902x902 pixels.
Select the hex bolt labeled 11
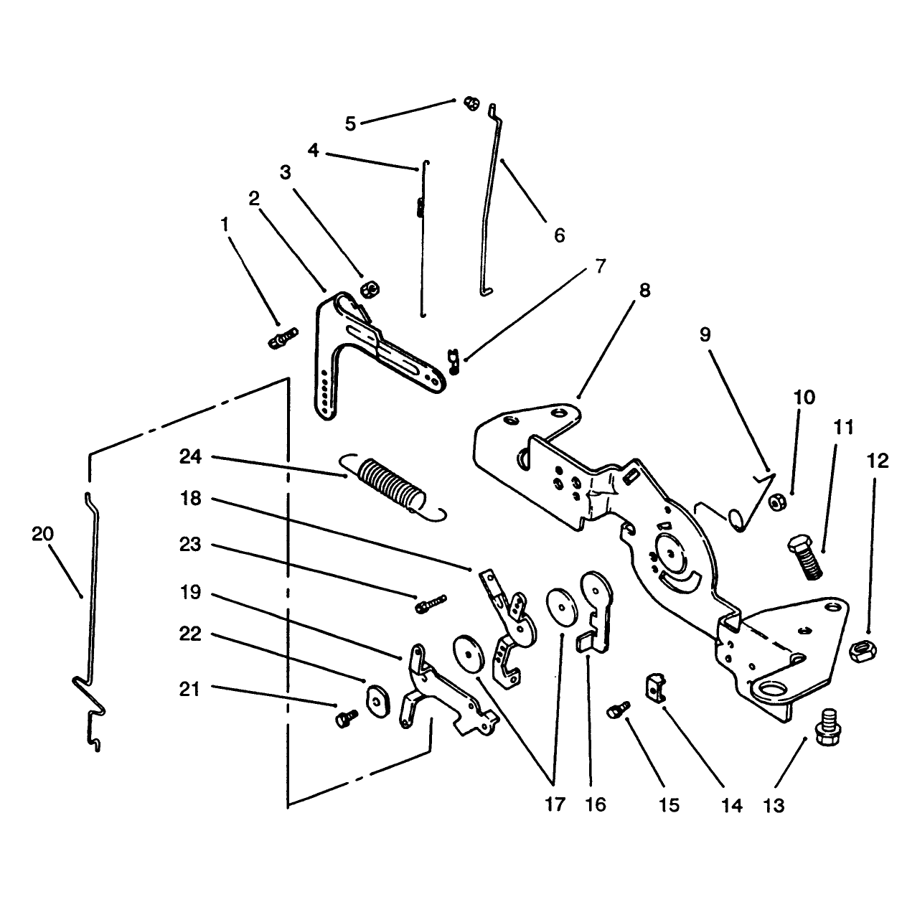click(x=804, y=558)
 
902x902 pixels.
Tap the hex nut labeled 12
click(x=863, y=651)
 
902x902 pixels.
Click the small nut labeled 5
click(x=471, y=103)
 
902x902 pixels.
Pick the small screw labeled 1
click(x=283, y=339)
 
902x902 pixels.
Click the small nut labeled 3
click(x=370, y=288)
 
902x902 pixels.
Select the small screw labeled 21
click(x=347, y=718)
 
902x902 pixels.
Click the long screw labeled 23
click(x=431, y=604)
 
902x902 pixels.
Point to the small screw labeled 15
click(x=619, y=710)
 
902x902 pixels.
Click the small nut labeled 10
click(x=777, y=503)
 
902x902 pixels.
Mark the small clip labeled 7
click(x=454, y=362)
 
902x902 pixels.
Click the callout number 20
click(x=42, y=534)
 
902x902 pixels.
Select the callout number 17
click(x=555, y=804)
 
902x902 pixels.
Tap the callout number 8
click(x=644, y=290)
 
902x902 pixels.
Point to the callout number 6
click(x=560, y=235)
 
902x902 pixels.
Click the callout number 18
click(x=190, y=499)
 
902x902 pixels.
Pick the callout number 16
click(x=596, y=804)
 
